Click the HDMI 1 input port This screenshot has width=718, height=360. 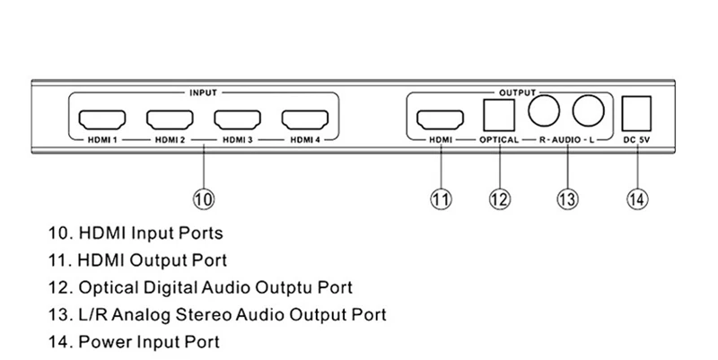[x=101, y=119]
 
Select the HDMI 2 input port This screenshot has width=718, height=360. [x=169, y=119]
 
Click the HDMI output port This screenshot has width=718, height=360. [x=440, y=119]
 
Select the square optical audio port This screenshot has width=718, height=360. [x=496, y=114]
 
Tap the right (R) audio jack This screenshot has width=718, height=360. [x=545, y=111]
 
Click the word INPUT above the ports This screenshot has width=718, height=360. [x=203, y=92]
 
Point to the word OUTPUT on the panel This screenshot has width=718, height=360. [x=516, y=92]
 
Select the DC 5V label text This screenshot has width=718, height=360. [x=638, y=141]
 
